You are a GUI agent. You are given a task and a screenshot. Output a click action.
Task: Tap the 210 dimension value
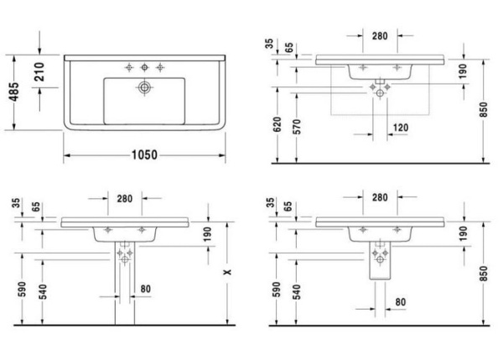pos(39,74)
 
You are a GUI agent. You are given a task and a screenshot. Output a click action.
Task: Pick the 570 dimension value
pos(297,128)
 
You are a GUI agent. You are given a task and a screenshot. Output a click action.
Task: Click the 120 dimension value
pos(401,128)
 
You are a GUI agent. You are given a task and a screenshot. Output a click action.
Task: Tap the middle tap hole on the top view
pos(144,65)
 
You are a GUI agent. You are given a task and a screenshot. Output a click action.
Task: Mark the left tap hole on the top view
pos(129,65)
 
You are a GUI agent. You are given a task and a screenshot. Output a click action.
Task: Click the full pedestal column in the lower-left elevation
pos(125,285)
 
